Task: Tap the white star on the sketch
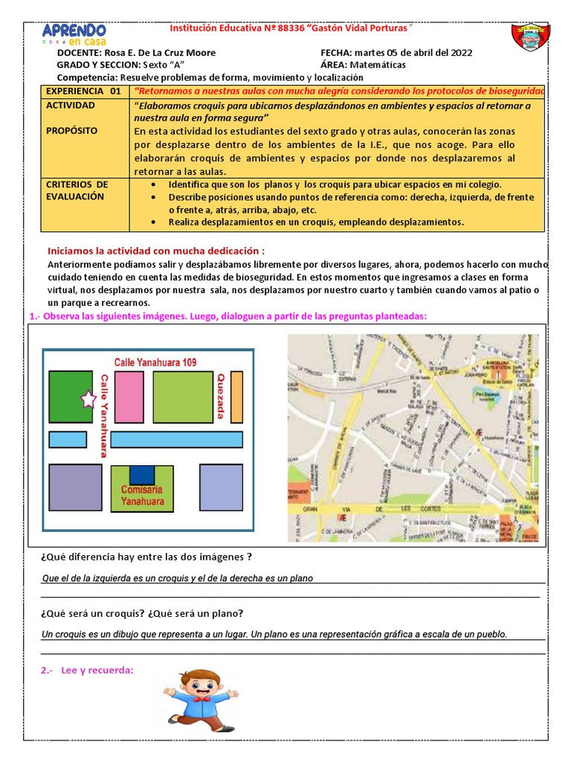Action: click(x=88, y=400)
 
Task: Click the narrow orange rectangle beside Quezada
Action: click(x=236, y=395)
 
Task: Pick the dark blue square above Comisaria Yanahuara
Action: click(x=142, y=474)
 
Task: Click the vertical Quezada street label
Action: click(x=220, y=395)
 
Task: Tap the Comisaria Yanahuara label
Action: click(x=141, y=496)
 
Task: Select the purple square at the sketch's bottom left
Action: click(x=75, y=487)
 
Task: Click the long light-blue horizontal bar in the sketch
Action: click(x=177, y=439)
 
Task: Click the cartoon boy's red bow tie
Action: click(x=199, y=699)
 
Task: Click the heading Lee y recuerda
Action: click(x=88, y=670)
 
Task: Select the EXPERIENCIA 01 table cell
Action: click(x=83, y=91)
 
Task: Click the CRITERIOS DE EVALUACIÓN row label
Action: click(x=77, y=190)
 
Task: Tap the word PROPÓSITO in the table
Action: click(x=71, y=130)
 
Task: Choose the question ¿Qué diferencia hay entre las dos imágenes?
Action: click(x=146, y=557)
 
